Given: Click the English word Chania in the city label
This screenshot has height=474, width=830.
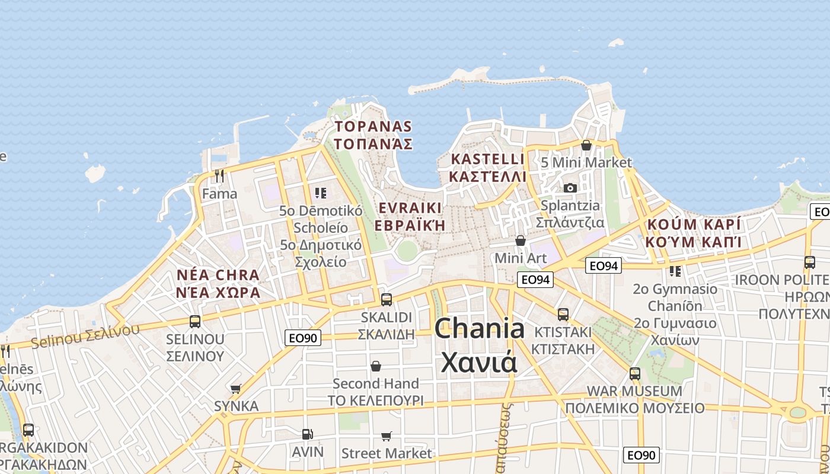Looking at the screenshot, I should [x=480, y=329].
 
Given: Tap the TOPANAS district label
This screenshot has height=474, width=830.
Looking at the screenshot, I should [x=373, y=126].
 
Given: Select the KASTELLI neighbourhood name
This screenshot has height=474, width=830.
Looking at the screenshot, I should [x=488, y=159].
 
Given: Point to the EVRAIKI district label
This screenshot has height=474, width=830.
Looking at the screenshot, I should [x=410, y=208].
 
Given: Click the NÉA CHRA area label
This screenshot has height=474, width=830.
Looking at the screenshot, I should [x=218, y=275].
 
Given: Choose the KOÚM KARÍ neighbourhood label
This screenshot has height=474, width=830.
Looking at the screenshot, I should [x=694, y=225].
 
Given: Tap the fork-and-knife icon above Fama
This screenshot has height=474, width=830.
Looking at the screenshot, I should [x=219, y=176].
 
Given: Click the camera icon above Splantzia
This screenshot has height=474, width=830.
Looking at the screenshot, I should [x=570, y=188].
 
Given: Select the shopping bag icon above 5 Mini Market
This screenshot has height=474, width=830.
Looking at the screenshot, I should [x=586, y=145].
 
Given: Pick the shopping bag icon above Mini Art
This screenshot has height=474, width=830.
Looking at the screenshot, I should [x=521, y=241].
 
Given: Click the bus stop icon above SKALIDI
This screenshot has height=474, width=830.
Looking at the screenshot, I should [x=387, y=300].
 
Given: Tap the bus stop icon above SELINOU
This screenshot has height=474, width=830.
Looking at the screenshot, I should [x=195, y=322].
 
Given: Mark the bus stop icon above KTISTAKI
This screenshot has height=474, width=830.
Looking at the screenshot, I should [x=563, y=314].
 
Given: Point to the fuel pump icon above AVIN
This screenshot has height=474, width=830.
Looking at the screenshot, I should [x=307, y=434].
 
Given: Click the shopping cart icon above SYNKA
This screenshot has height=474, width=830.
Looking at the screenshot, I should [x=236, y=389].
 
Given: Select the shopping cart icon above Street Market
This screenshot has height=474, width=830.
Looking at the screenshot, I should [x=387, y=437].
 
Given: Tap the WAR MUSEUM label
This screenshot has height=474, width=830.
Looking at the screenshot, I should [x=634, y=391].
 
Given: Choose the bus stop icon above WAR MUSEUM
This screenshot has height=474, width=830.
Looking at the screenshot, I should [x=635, y=374].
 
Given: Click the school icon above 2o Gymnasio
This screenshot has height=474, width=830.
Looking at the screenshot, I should [x=675, y=271].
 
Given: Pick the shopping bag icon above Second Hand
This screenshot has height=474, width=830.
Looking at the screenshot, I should [x=376, y=366].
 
